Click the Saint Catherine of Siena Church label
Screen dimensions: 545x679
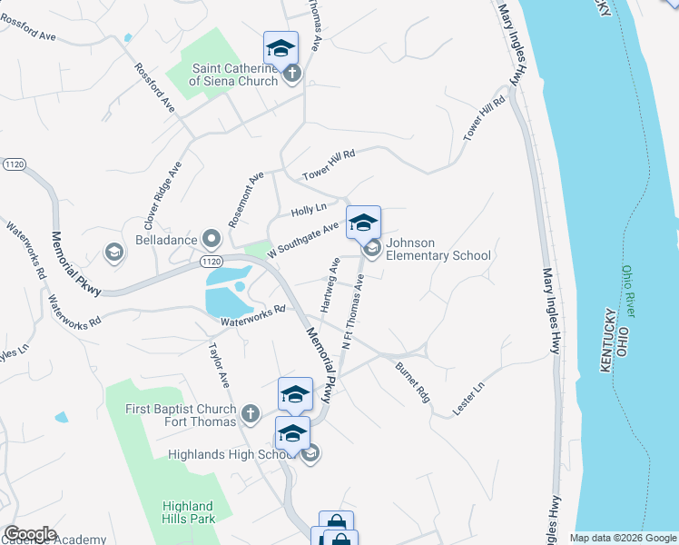(233, 74)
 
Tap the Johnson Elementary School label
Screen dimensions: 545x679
(438, 249)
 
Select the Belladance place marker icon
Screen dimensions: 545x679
(212, 239)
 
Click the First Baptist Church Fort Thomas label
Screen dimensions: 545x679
(181, 414)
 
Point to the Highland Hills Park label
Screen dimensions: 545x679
(188, 512)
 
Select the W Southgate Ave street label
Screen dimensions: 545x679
(303, 235)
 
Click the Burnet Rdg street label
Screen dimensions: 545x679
(411, 381)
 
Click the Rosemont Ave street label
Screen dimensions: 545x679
(245, 198)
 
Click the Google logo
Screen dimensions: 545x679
(29, 534)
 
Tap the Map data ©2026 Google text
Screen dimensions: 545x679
(623, 538)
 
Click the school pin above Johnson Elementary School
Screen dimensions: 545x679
(363, 223)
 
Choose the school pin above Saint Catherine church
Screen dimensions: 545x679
(281, 47)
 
